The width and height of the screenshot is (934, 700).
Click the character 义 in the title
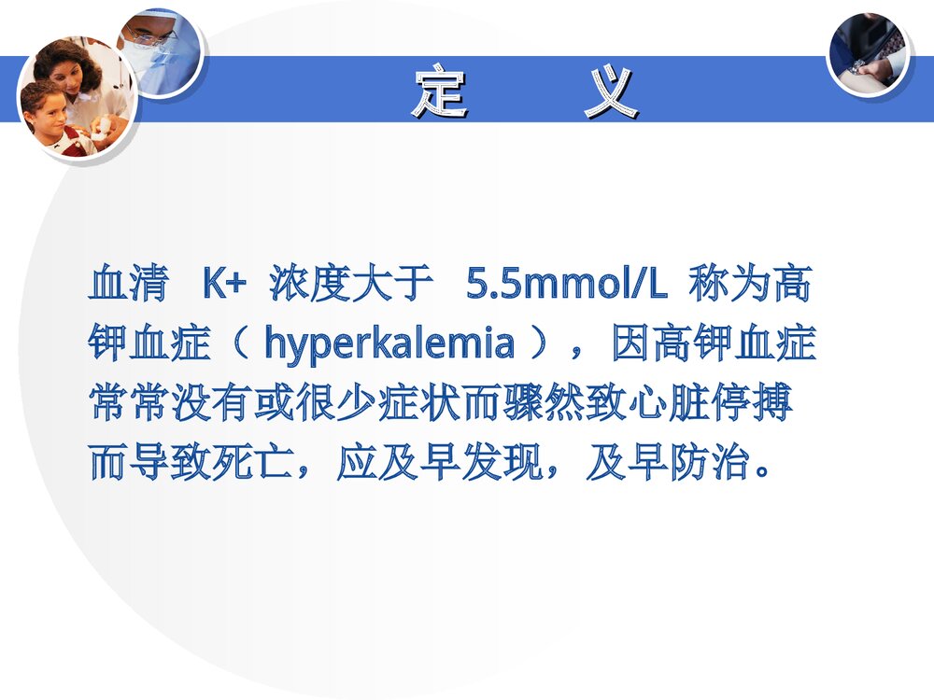pyautogui.click(x=612, y=92)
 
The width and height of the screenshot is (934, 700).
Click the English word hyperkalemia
pyautogui.click(x=389, y=344)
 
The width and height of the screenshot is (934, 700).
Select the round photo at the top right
pyautogui.click(x=868, y=53)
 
